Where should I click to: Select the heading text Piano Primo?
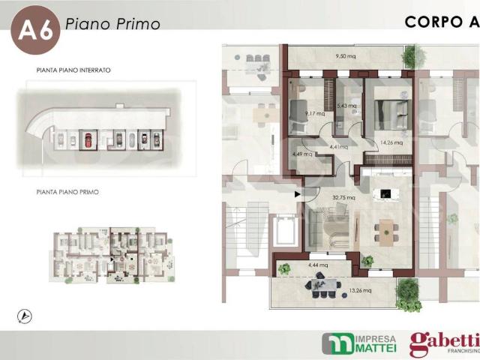(x=112, y=24)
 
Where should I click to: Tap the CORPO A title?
(x=442, y=21)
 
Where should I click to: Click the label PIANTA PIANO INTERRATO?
(x=73, y=70)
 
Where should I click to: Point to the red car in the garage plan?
(x=88, y=139)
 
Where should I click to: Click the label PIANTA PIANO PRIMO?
(x=67, y=192)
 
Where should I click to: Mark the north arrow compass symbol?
(x=22, y=315)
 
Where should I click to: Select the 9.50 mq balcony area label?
(x=345, y=56)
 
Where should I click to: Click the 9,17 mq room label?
(x=315, y=114)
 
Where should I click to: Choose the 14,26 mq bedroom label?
(x=391, y=142)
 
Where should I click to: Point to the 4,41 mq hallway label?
(x=339, y=147)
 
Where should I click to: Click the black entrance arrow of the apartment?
(x=298, y=195)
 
